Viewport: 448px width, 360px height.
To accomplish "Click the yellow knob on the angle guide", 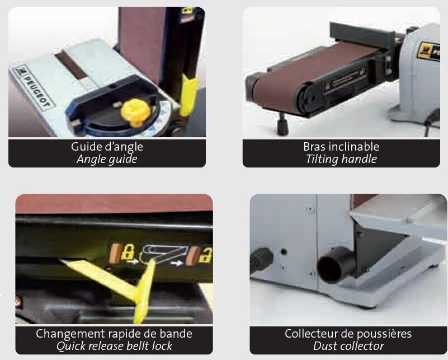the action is tap(133, 112).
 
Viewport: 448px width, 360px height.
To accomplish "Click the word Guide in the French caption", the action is tap(83, 147).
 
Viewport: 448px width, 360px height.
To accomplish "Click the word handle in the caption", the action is tap(359, 159).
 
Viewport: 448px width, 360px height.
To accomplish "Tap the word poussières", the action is tap(384, 334).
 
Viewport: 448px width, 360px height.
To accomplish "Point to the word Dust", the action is tap(325, 346).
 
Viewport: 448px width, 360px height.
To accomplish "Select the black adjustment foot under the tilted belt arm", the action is tap(281, 124).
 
